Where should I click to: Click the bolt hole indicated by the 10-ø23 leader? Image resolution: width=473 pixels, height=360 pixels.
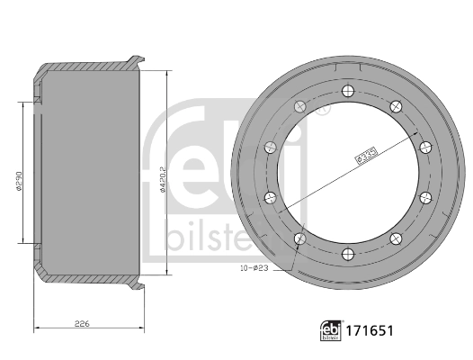click(299, 238)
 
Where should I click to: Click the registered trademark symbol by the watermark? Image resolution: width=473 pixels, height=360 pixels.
click(326, 111)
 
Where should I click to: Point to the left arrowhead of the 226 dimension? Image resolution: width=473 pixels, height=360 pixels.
click(34, 328)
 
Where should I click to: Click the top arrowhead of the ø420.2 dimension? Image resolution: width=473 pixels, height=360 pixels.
click(168, 72)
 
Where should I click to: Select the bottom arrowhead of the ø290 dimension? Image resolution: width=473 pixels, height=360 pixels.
click(22, 241)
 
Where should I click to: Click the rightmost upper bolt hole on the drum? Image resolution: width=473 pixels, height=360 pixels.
click(425, 144)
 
